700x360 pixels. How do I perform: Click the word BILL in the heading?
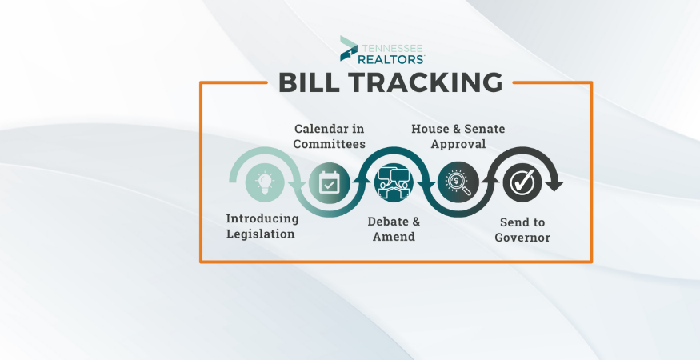pyautogui.click(x=306, y=82)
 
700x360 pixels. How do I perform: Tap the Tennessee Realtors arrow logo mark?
pyautogui.click(x=349, y=48)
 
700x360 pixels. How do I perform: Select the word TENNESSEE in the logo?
pyautogui.click(x=391, y=48)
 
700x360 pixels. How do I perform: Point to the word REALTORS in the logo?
pyautogui.click(x=391, y=58)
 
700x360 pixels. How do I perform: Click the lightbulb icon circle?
pyautogui.click(x=265, y=182)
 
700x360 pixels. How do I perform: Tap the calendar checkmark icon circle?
pyautogui.click(x=329, y=182)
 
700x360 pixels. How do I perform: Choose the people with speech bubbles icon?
pyautogui.click(x=394, y=182)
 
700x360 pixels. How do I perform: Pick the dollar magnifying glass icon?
pyautogui.click(x=458, y=182)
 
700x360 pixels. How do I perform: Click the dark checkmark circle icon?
pyautogui.click(x=522, y=182)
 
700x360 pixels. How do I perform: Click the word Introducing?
pyautogui.click(x=262, y=219)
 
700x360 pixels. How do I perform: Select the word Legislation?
pyautogui.click(x=260, y=234)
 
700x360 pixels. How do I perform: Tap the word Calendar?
pyautogui.click(x=320, y=129)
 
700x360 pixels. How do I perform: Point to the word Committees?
pyautogui.click(x=329, y=144)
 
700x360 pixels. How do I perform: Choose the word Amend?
pyautogui.click(x=394, y=236)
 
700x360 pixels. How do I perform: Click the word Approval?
pyautogui.click(x=458, y=144)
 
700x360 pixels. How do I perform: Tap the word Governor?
pyautogui.click(x=522, y=237)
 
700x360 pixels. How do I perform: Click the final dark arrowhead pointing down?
pyautogui.click(x=554, y=186)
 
